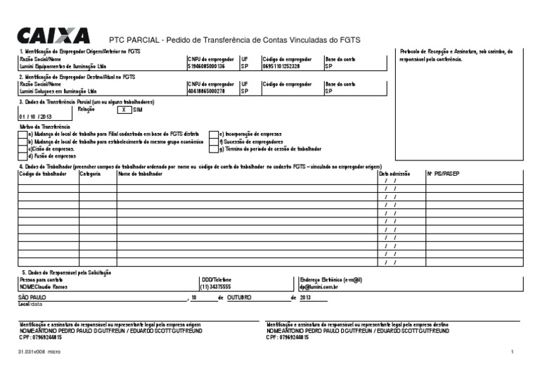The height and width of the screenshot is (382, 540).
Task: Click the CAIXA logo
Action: coord(53,35)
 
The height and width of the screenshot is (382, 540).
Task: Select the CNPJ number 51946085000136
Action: coord(206,67)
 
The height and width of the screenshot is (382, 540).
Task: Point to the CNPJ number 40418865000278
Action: coord(206,91)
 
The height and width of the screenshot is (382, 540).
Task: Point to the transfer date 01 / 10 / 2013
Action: coord(35,117)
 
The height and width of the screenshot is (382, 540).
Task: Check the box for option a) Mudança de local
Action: coord(22,134)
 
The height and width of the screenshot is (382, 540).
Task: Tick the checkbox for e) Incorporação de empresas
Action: coord(214,134)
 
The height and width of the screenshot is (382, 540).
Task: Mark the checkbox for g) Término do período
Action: coord(214,149)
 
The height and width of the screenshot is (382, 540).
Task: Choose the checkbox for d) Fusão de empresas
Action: coord(22,156)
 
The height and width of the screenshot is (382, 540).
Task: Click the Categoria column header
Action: coord(90,173)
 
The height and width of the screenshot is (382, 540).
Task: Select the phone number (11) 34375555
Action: coord(216,287)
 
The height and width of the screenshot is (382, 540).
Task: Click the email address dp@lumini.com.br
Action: coord(319,287)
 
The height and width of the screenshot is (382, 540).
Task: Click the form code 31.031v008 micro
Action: coord(40,351)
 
